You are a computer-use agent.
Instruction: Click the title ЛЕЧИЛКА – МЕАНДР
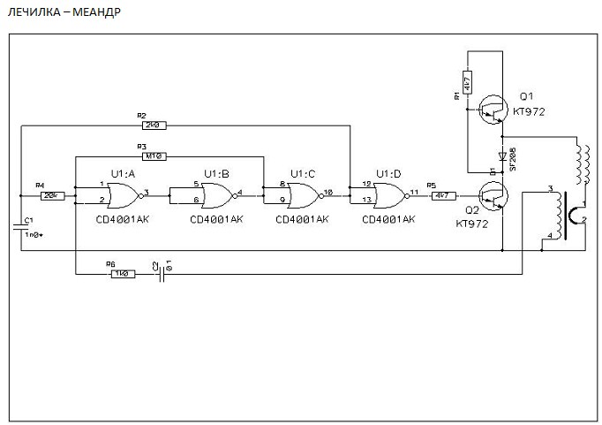[64, 13]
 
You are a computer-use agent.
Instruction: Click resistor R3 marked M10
[155, 156]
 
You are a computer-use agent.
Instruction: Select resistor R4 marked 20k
[51, 194]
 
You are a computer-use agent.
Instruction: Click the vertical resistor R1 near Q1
[465, 85]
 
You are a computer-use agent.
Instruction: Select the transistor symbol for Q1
[492, 110]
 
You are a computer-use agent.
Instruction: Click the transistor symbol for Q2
[492, 196]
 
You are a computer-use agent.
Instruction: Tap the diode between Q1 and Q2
[500, 156]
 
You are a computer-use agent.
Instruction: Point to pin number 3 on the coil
[549, 189]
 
